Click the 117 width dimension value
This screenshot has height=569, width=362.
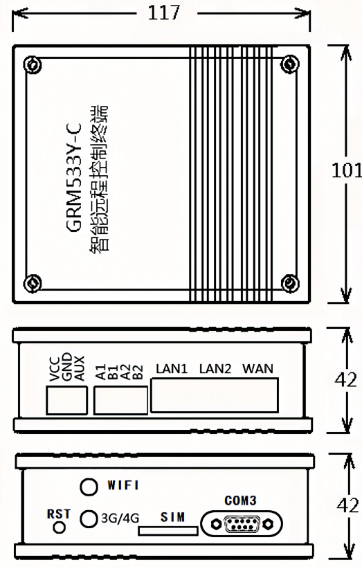[163, 12]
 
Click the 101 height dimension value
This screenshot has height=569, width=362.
[346, 170]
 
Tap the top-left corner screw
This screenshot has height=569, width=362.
[33, 64]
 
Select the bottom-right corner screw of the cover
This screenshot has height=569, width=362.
[290, 282]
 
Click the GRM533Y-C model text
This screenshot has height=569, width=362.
[74, 177]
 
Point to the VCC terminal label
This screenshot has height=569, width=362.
[55, 369]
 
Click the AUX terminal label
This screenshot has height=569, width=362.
[79, 368]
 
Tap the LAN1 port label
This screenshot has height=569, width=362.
[172, 369]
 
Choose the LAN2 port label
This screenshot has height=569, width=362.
[215, 369]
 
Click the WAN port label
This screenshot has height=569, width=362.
[257, 369]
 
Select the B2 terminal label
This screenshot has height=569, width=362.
[138, 372]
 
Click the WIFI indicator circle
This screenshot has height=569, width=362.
[89, 486]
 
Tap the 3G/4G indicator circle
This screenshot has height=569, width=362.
[89, 518]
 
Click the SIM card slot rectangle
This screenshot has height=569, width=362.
[168, 531]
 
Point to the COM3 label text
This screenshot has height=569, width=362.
[240, 500]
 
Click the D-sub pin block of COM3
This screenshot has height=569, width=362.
[242, 524]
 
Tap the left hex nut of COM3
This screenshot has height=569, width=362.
[216, 524]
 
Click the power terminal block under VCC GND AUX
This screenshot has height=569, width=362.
[66, 400]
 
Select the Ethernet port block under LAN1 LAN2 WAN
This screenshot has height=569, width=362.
[215, 395]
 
